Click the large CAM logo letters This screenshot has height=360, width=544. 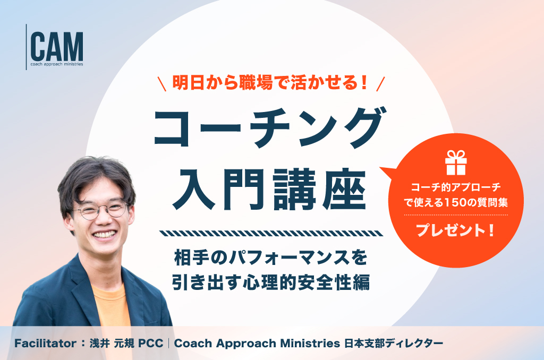tap(57, 47)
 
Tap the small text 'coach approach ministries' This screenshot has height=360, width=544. tap(57, 64)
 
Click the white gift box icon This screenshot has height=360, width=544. tap(456, 162)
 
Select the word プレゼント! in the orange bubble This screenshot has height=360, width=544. tap(455, 230)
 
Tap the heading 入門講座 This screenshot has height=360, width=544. tap(269, 190)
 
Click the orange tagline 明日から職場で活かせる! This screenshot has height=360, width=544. tap(270, 83)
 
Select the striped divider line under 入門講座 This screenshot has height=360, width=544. tap(271, 233)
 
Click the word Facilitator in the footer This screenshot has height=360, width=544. tap(46, 344)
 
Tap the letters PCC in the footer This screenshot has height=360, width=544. tap(150, 344)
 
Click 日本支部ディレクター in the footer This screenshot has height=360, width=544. tap(394, 344)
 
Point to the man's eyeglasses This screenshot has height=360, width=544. tap(100, 210)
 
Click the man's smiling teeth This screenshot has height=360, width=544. tap(105, 234)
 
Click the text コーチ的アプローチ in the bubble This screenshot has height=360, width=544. tap(456, 187)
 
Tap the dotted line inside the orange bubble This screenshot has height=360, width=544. tap(456, 215)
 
